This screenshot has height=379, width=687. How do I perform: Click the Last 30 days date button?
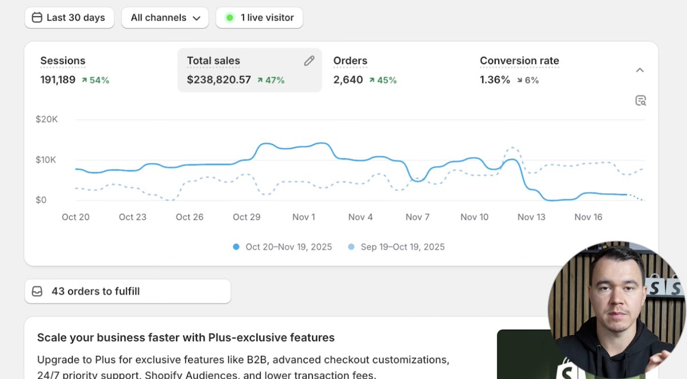click(x=69, y=18)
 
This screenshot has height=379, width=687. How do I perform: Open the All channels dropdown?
click(x=165, y=18)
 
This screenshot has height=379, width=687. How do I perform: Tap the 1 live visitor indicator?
click(x=259, y=18)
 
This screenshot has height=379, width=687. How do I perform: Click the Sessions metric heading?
click(x=62, y=61)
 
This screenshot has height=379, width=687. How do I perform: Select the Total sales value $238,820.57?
click(x=219, y=80)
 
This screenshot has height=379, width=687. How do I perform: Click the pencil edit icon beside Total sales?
click(x=309, y=61)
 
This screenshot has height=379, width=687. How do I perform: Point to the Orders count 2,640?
click(x=348, y=80)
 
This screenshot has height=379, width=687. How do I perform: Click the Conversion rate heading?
click(x=519, y=61)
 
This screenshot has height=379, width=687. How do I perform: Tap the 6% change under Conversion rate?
click(x=527, y=80)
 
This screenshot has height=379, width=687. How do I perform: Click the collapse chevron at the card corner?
click(x=640, y=70)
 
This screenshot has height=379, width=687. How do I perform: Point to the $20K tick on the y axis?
click(x=46, y=119)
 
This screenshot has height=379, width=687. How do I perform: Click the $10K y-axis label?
click(x=46, y=159)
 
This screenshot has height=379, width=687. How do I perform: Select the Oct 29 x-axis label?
click(x=247, y=217)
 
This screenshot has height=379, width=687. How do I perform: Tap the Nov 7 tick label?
click(x=417, y=217)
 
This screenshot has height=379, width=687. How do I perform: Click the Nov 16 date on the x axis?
click(x=589, y=217)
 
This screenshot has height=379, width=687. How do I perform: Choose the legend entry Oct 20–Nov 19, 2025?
click(x=283, y=247)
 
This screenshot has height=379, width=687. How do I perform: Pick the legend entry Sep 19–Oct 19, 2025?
click(x=397, y=247)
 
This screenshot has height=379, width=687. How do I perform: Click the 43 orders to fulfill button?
click(x=127, y=292)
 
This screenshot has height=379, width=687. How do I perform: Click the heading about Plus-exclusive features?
click(x=186, y=337)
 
